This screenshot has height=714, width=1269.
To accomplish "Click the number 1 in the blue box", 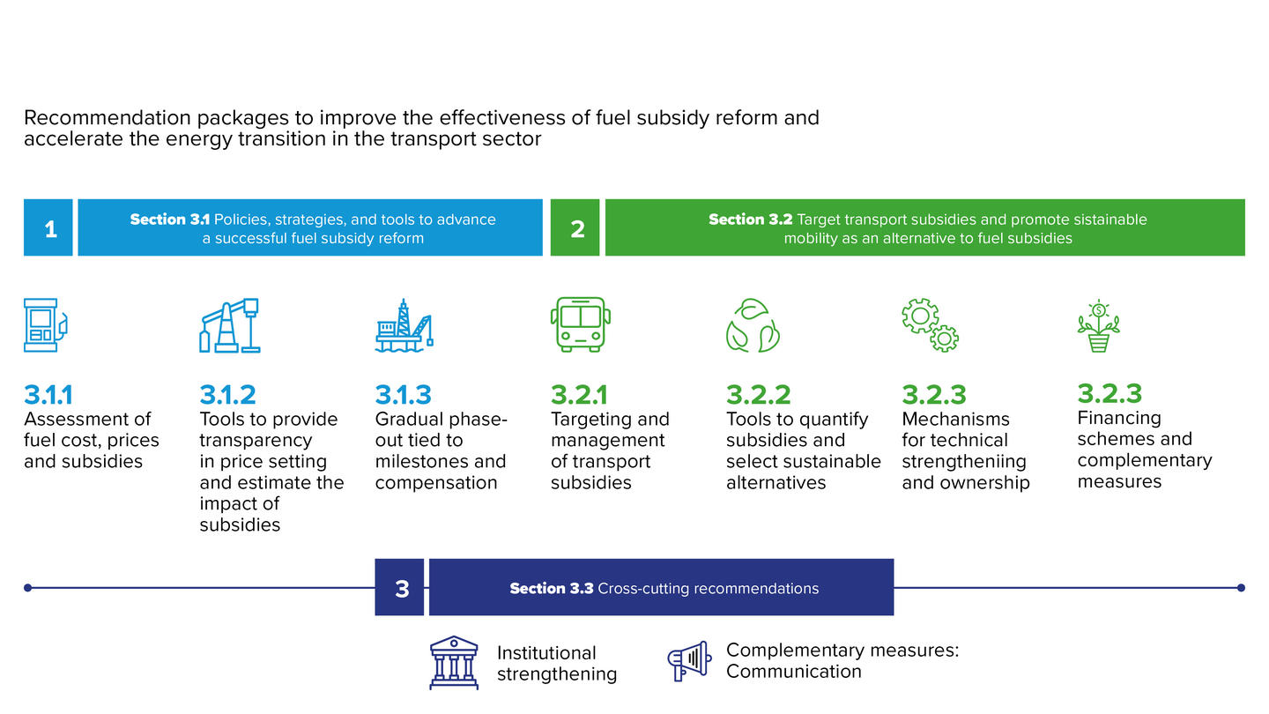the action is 51,229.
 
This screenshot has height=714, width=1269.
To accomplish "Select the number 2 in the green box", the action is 577,229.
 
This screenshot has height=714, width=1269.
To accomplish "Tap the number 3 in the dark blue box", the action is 402,590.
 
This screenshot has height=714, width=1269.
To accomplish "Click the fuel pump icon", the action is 46,325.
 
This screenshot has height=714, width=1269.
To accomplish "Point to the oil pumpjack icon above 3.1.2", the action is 229,325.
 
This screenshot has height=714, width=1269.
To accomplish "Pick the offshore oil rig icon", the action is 404,325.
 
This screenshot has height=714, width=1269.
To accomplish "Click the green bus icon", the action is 580,324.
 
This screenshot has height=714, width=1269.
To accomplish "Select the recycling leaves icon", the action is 753,325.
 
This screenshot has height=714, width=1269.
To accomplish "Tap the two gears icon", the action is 931,325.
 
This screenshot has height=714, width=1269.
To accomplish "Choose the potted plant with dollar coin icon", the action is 1098,326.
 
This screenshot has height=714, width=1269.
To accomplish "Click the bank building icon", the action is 454,663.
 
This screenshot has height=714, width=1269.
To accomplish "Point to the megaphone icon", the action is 689,661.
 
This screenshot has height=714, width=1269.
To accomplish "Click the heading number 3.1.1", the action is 48,395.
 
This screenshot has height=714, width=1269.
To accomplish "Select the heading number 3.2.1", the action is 579,395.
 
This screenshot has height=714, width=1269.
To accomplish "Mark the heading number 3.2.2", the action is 758,395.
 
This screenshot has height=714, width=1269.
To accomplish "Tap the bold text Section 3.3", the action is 552,588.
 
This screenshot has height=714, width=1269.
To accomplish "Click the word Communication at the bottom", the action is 794,672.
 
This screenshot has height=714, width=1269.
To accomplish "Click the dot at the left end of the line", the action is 28,588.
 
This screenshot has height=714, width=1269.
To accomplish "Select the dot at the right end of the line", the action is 1241,588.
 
